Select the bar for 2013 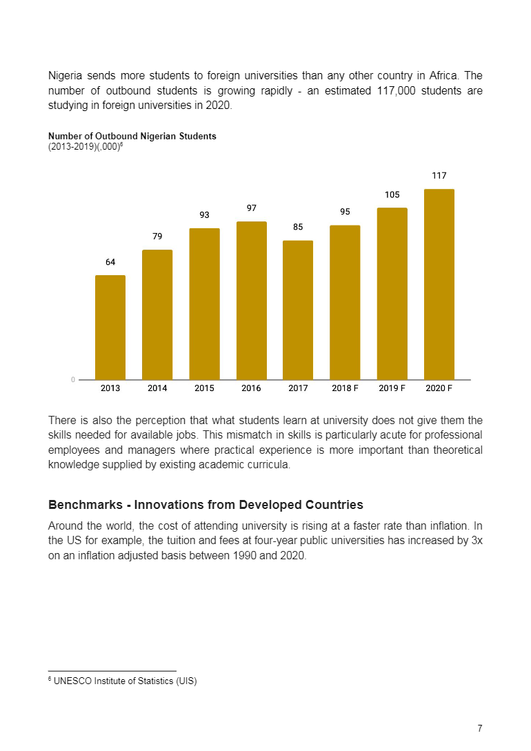(110, 328)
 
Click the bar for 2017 (298, 310)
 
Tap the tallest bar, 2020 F (439, 284)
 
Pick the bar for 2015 (204, 304)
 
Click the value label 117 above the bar (439, 176)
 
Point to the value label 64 (110, 262)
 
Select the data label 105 (392, 195)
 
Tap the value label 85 (298, 227)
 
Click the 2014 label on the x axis (157, 388)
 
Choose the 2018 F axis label (345, 388)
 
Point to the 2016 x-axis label (251, 388)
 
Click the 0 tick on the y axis (72, 379)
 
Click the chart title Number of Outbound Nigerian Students (132, 136)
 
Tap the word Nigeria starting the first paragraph (66, 75)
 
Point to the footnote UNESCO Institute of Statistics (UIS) (124, 681)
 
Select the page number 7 (479, 728)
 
